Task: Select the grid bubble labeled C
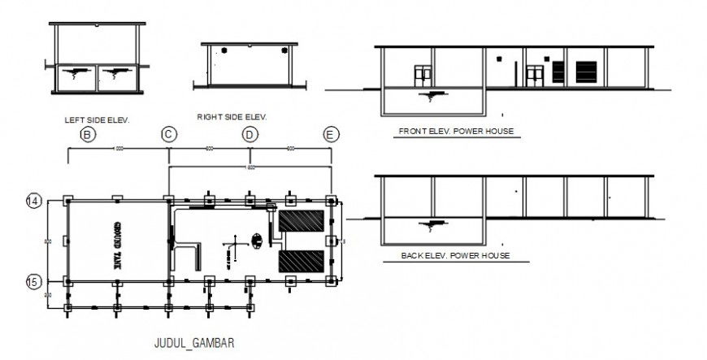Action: (x=168, y=134)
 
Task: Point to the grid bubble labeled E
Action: (x=331, y=134)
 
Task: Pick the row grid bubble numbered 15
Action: (x=33, y=281)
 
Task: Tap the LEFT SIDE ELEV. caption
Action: (x=97, y=119)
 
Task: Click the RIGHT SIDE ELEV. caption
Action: (x=232, y=117)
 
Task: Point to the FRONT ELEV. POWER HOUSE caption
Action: (x=456, y=131)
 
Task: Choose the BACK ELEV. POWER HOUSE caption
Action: (x=455, y=255)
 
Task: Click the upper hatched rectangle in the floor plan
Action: (x=302, y=220)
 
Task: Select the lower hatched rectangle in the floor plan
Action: (x=302, y=261)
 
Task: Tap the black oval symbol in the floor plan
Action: (x=258, y=240)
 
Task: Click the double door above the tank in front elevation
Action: (x=423, y=76)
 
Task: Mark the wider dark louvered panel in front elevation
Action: (x=587, y=72)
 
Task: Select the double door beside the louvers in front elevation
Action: (x=534, y=76)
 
